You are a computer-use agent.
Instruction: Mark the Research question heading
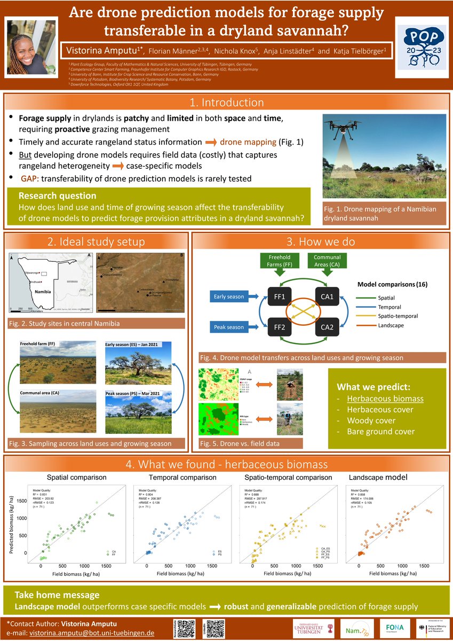57,196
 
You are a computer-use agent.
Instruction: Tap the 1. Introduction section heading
227,103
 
